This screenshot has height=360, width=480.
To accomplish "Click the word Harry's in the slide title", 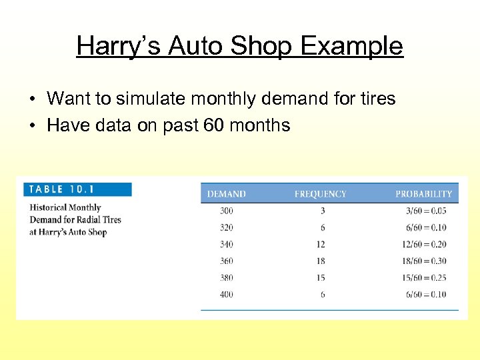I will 119,46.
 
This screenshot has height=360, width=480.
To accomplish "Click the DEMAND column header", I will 226,194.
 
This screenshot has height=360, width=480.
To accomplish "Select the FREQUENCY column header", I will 320,194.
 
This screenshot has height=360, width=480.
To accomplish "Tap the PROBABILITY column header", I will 423,194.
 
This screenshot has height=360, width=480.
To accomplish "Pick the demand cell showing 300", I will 227,211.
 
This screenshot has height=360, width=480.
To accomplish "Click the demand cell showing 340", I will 227,244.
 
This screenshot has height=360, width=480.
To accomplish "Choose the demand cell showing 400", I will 227,294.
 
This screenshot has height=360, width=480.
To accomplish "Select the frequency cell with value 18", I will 321,261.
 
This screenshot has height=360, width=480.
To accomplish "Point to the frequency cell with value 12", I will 321,244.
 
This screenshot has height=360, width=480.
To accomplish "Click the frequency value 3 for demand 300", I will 323,211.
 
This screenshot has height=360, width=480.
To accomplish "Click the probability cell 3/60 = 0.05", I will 427,211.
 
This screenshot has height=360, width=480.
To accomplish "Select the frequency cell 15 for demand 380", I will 321,277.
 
